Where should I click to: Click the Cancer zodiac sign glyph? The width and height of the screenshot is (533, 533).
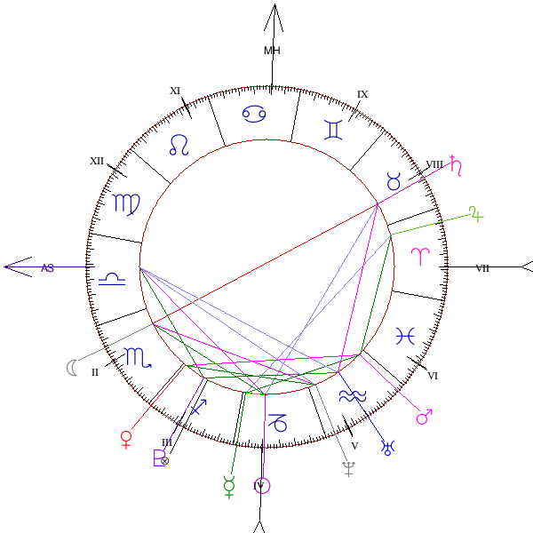255,114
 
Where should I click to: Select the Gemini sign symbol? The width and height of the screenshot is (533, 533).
333,131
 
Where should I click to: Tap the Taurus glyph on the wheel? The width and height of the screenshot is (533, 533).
393,182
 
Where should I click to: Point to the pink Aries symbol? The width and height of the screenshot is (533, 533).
418,257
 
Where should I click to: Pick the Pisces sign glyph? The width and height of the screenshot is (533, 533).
405,335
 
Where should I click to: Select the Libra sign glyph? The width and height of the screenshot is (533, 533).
111,279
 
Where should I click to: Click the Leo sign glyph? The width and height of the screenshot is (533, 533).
179,145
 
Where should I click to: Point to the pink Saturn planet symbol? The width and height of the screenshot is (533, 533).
457,164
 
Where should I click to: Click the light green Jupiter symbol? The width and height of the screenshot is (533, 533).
477,213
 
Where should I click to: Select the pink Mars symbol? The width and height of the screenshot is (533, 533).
424,414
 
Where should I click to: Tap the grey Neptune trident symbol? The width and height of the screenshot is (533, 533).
348,469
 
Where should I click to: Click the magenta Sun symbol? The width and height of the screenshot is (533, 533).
262,485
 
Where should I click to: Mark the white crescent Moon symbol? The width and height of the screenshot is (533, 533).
71,367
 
